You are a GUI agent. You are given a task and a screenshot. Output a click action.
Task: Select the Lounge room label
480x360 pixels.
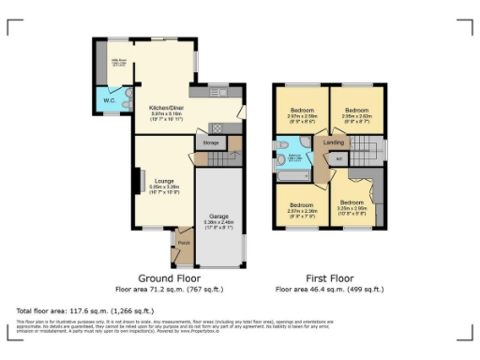point(163,181)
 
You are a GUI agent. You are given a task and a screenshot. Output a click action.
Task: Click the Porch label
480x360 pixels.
point(183,242)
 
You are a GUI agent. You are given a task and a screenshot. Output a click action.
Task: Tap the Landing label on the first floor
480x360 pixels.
point(333,142)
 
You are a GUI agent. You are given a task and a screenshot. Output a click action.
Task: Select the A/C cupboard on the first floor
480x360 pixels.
point(338,158)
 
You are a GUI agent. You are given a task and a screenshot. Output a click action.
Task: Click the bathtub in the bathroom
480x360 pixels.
point(290,174)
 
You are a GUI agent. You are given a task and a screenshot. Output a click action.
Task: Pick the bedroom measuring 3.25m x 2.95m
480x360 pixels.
point(352,207)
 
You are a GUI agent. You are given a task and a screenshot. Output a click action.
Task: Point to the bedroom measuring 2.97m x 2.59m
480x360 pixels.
point(302,114)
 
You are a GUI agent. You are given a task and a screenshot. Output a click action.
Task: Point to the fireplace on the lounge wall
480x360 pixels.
point(137,180)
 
